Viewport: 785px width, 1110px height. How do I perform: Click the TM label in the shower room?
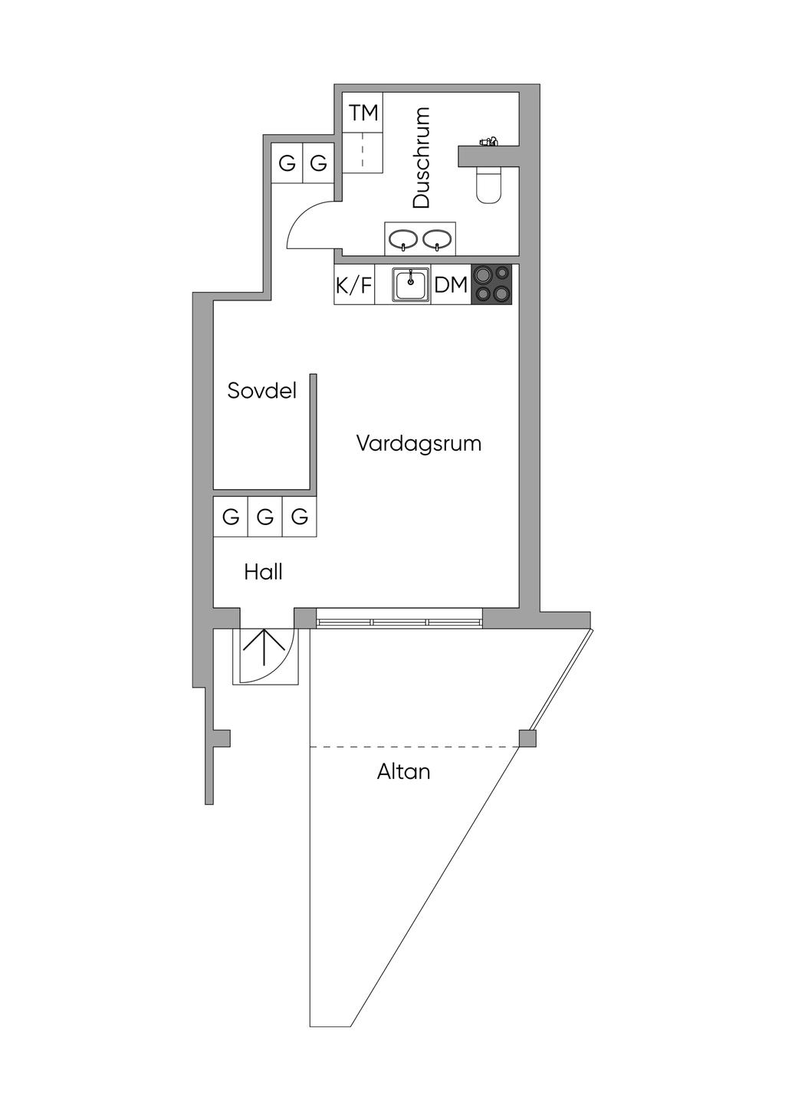point(364,113)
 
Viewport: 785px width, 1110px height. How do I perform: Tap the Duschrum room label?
point(421,157)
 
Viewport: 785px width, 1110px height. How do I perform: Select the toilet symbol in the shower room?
point(488,184)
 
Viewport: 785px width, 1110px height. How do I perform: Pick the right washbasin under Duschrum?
point(437,239)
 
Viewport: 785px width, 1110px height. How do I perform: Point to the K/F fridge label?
point(354,285)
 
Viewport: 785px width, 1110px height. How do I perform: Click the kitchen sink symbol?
point(410,284)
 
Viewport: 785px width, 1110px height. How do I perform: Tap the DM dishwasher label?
point(451,285)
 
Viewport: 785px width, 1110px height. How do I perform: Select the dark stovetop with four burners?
point(491,284)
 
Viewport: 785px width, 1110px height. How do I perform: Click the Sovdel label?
point(261,390)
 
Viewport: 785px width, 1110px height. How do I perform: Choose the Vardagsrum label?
point(419,443)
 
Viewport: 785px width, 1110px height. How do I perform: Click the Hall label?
point(263,573)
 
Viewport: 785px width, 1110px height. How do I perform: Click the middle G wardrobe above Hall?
point(265,517)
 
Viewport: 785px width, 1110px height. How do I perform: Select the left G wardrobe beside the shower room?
point(287,163)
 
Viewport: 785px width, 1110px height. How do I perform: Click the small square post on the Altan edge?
point(527,738)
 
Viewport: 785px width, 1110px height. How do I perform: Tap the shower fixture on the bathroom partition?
point(488,141)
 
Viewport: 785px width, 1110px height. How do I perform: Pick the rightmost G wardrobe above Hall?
point(299,517)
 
